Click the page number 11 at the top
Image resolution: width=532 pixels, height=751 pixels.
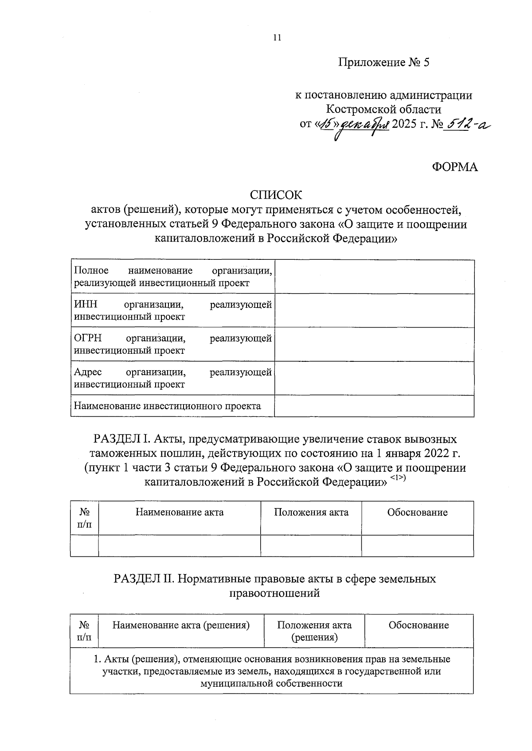[277, 38]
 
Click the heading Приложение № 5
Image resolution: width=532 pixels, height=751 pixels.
[384, 63]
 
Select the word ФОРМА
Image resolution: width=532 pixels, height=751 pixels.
[455, 167]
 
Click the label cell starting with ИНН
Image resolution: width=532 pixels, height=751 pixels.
[172, 310]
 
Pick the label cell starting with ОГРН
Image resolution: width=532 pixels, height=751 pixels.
[172, 344]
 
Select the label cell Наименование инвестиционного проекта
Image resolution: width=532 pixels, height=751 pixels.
[168, 406]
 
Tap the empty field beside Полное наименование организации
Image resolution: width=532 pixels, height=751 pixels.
[374, 277]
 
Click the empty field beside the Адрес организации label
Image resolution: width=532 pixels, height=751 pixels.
[374, 378]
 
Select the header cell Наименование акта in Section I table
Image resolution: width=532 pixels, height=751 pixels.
[179, 512]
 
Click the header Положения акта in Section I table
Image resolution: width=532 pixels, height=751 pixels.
[311, 512]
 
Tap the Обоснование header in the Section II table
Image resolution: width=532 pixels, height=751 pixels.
[419, 625]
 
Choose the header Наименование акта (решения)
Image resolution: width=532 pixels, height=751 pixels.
[181, 625]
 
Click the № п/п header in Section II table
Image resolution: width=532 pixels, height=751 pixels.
[84, 631]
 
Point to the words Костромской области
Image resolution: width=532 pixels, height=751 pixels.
[383, 109]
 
